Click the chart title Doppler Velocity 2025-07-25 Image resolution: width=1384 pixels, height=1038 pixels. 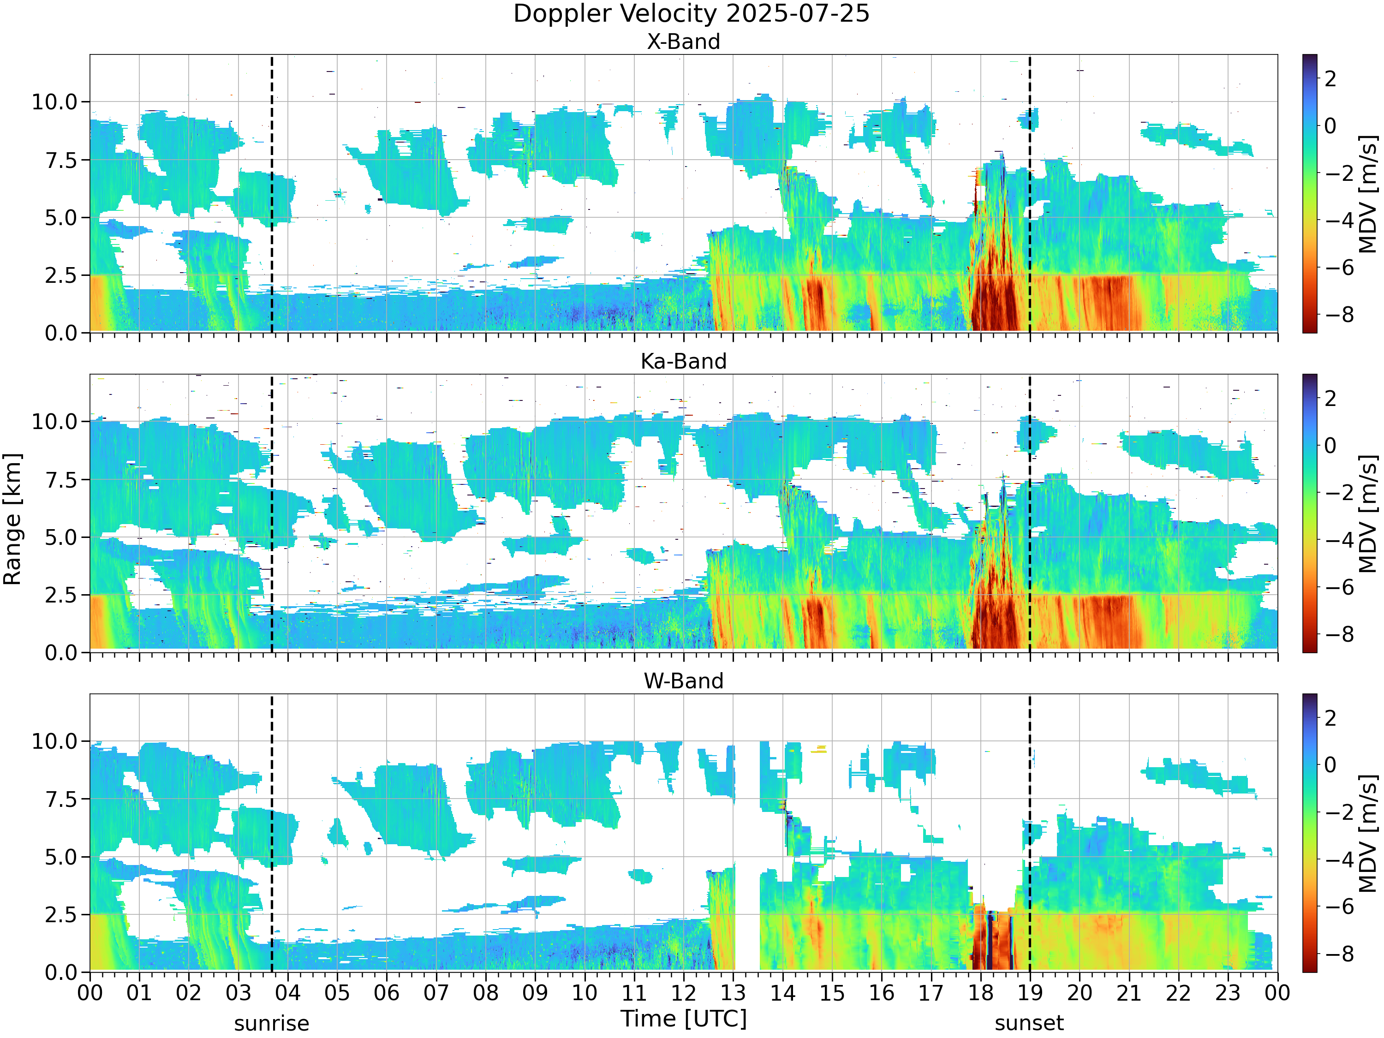692,14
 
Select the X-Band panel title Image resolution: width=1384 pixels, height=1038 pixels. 683,42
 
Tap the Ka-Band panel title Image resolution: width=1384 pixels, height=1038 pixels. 683,361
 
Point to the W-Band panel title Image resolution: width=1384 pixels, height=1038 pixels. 683,681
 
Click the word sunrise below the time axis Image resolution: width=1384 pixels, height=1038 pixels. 272,1024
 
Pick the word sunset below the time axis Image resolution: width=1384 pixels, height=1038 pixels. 1029,1024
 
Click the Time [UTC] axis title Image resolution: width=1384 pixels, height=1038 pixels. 684,1019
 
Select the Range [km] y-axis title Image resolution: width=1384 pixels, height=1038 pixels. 12,519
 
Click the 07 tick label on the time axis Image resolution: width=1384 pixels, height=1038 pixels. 436,993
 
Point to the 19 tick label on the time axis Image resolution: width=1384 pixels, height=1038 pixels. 1029,993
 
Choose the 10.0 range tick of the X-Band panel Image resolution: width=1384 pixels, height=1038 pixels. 54,101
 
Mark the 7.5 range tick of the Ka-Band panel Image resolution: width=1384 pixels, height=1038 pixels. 61,480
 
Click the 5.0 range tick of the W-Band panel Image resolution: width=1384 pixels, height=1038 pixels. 61,857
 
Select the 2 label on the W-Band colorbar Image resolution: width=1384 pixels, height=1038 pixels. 1331,718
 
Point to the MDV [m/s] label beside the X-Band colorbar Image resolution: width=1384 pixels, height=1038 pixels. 1368,194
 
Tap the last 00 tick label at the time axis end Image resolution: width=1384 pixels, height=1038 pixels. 1277,993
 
